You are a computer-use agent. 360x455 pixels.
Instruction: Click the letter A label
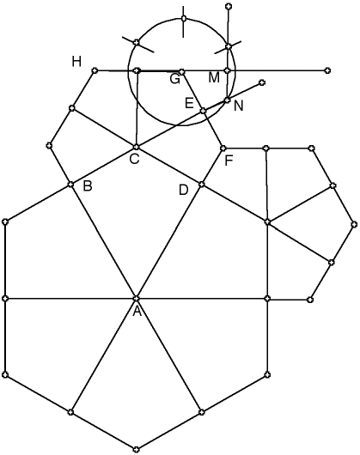pyautogui.click(x=137, y=312)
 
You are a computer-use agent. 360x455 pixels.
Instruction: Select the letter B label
pyautogui.click(x=88, y=186)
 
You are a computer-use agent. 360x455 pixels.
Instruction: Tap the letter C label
pyautogui.click(x=134, y=159)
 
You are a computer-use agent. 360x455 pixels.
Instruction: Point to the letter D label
pyautogui.click(x=184, y=190)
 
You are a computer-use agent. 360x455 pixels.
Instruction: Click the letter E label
pyautogui.click(x=189, y=103)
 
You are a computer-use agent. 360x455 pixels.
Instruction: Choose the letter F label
pyautogui.click(x=229, y=161)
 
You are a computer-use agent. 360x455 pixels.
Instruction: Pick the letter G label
pyautogui.click(x=175, y=79)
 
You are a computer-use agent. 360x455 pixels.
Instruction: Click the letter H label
pyautogui.click(x=76, y=62)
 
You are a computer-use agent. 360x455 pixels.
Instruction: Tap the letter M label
pyautogui.click(x=214, y=78)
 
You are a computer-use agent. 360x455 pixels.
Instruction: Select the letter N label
pyautogui.click(x=238, y=106)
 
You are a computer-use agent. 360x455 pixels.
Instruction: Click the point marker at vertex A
pyautogui.click(x=136, y=298)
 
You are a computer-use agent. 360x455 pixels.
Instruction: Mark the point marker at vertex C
pyautogui.click(x=136, y=147)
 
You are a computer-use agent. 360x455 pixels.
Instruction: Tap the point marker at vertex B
pyautogui.click(x=70, y=185)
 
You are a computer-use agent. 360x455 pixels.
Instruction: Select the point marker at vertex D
pyautogui.click(x=202, y=185)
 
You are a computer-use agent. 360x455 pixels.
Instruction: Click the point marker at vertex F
pyautogui.click(x=223, y=149)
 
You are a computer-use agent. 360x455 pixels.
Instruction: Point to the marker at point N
pyautogui.click(x=228, y=100)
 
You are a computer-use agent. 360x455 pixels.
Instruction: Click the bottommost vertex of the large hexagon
pyautogui.click(x=136, y=450)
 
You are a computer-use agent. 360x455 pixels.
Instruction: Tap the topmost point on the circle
pyautogui.click(x=184, y=19)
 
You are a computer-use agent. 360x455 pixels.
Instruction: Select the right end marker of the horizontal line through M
pyautogui.click(x=327, y=70)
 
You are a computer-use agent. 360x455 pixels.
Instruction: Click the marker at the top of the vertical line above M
pyautogui.click(x=229, y=6)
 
